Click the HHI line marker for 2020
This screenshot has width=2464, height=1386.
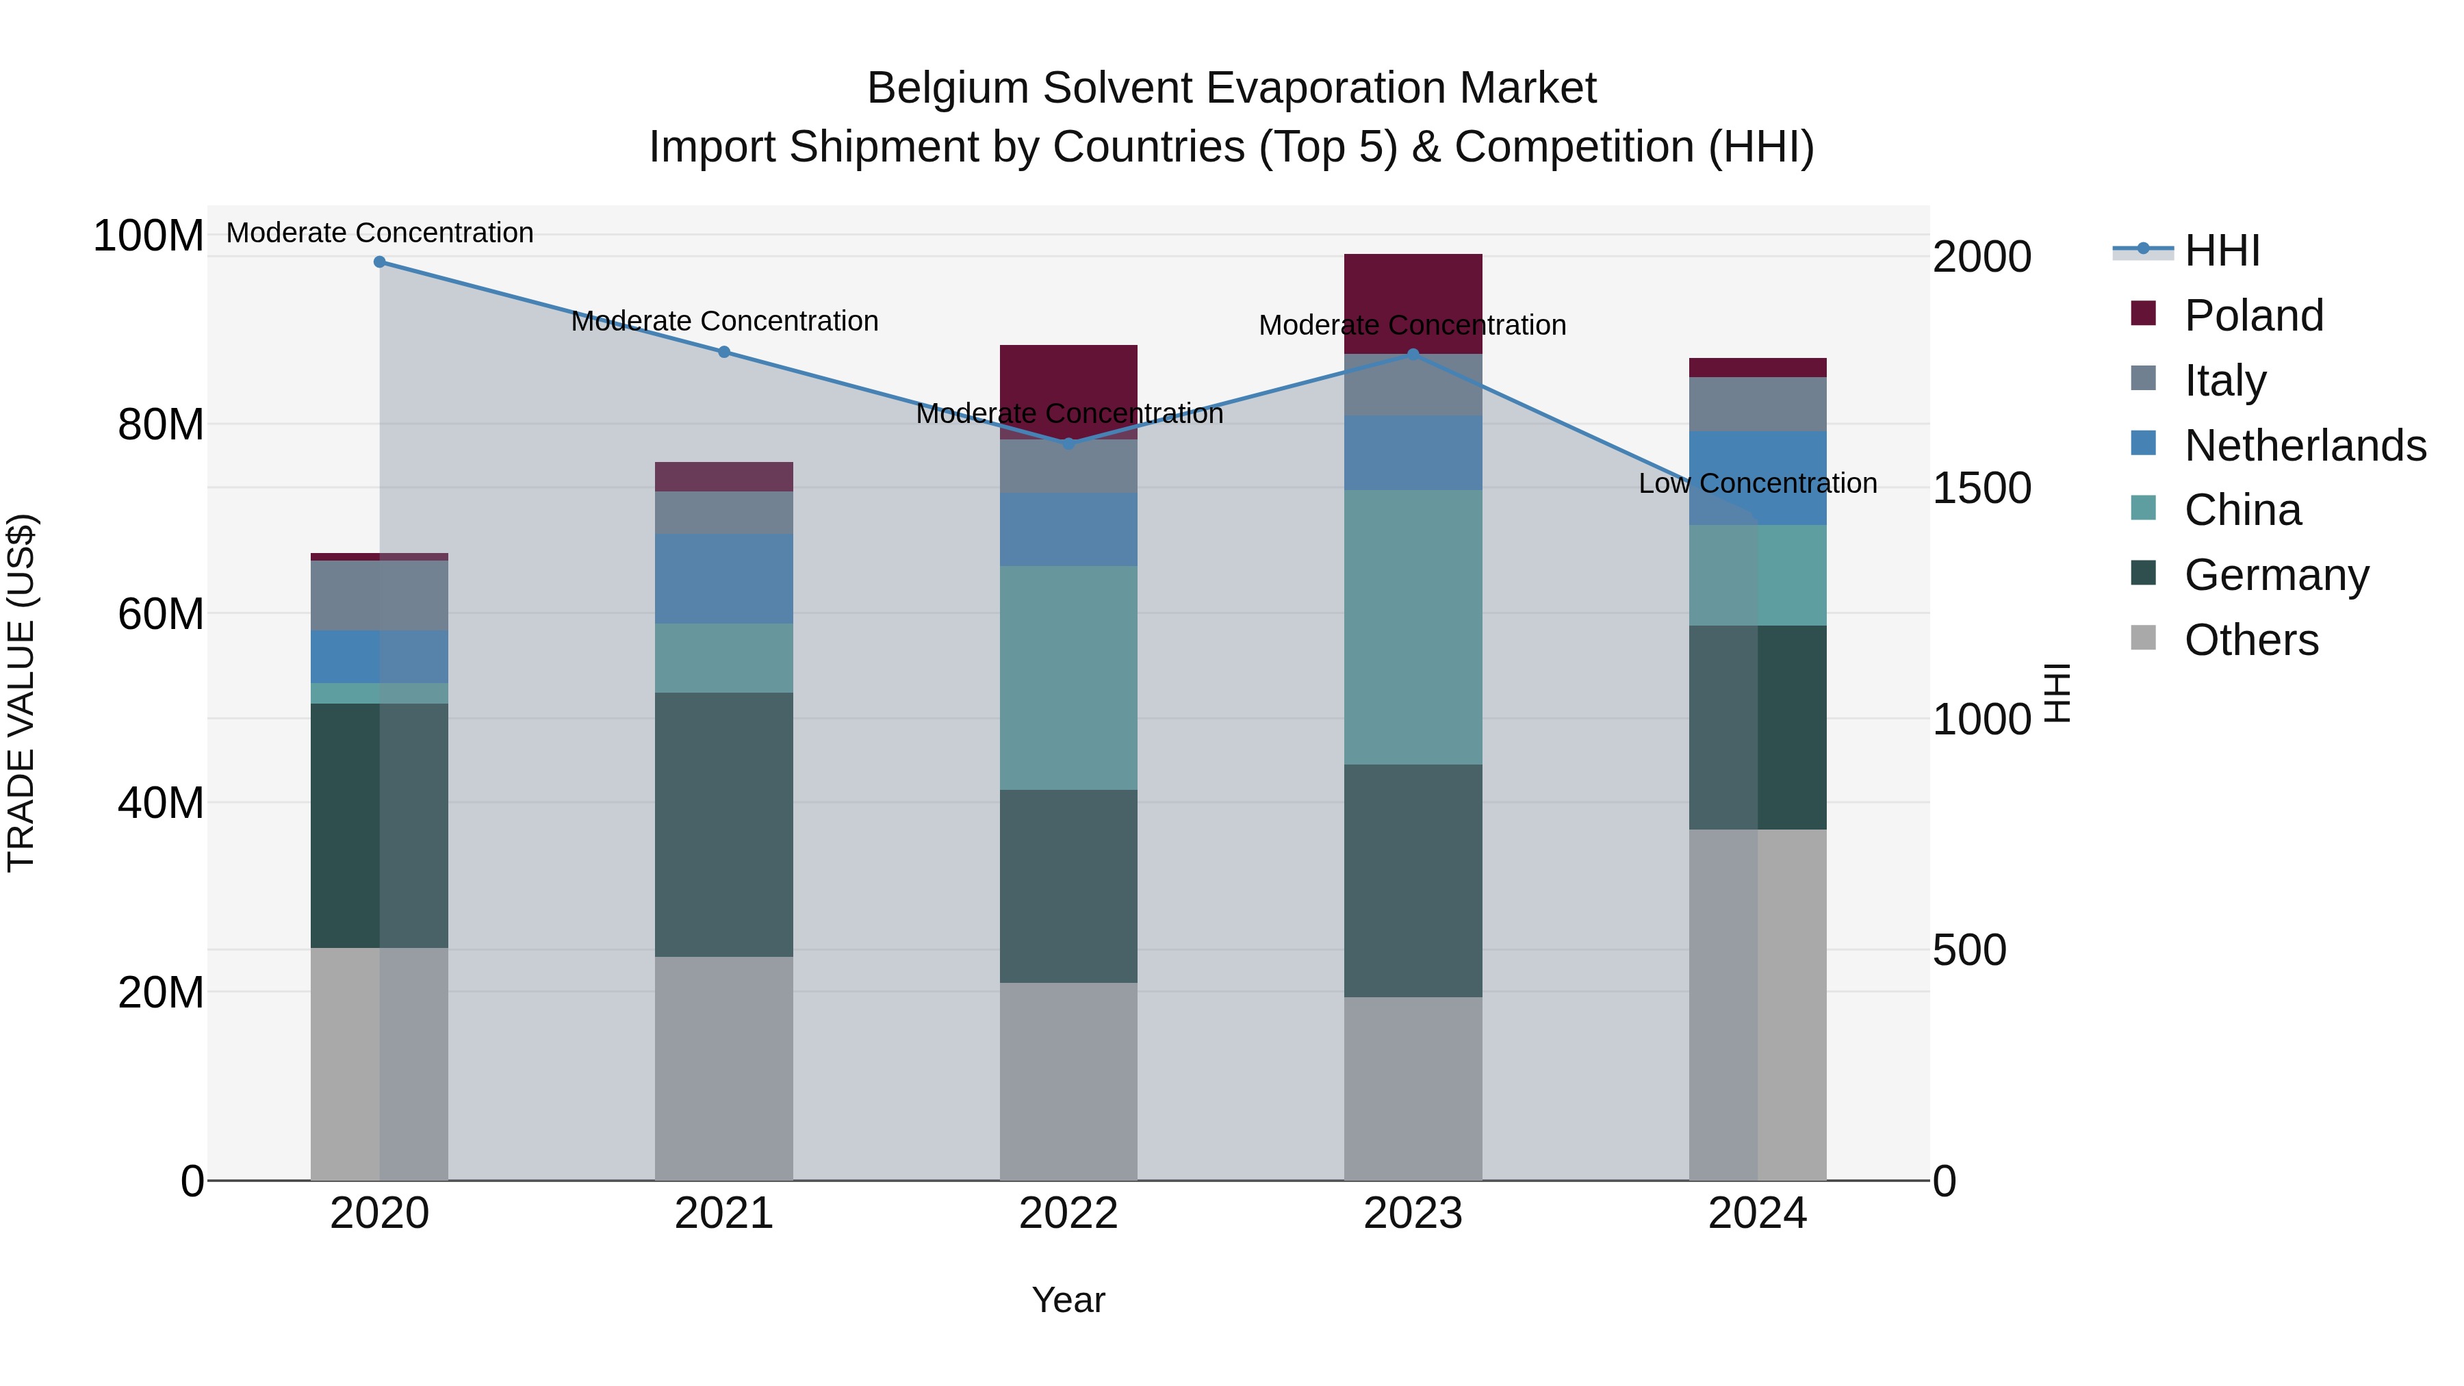tap(380, 262)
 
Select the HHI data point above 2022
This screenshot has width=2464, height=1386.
tap(1068, 444)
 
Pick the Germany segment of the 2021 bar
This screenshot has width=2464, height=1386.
tap(724, 825)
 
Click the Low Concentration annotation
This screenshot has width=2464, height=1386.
tap(1757, 484)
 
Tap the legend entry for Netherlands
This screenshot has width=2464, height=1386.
tap(2303, 446)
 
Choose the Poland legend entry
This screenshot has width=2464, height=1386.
tap(2253, 316)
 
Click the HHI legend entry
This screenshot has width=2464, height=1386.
tap(2221, 251)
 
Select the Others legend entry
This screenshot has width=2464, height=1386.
tap(2250, 640)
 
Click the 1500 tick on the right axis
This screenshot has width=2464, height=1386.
tap(1981, 489)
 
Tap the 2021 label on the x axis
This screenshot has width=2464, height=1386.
tap(724, 1214)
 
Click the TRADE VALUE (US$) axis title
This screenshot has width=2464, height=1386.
tap(21, 693)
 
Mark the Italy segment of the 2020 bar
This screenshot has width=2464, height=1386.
tap(380, 595)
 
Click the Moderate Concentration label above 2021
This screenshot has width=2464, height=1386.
tap(724, 322)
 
